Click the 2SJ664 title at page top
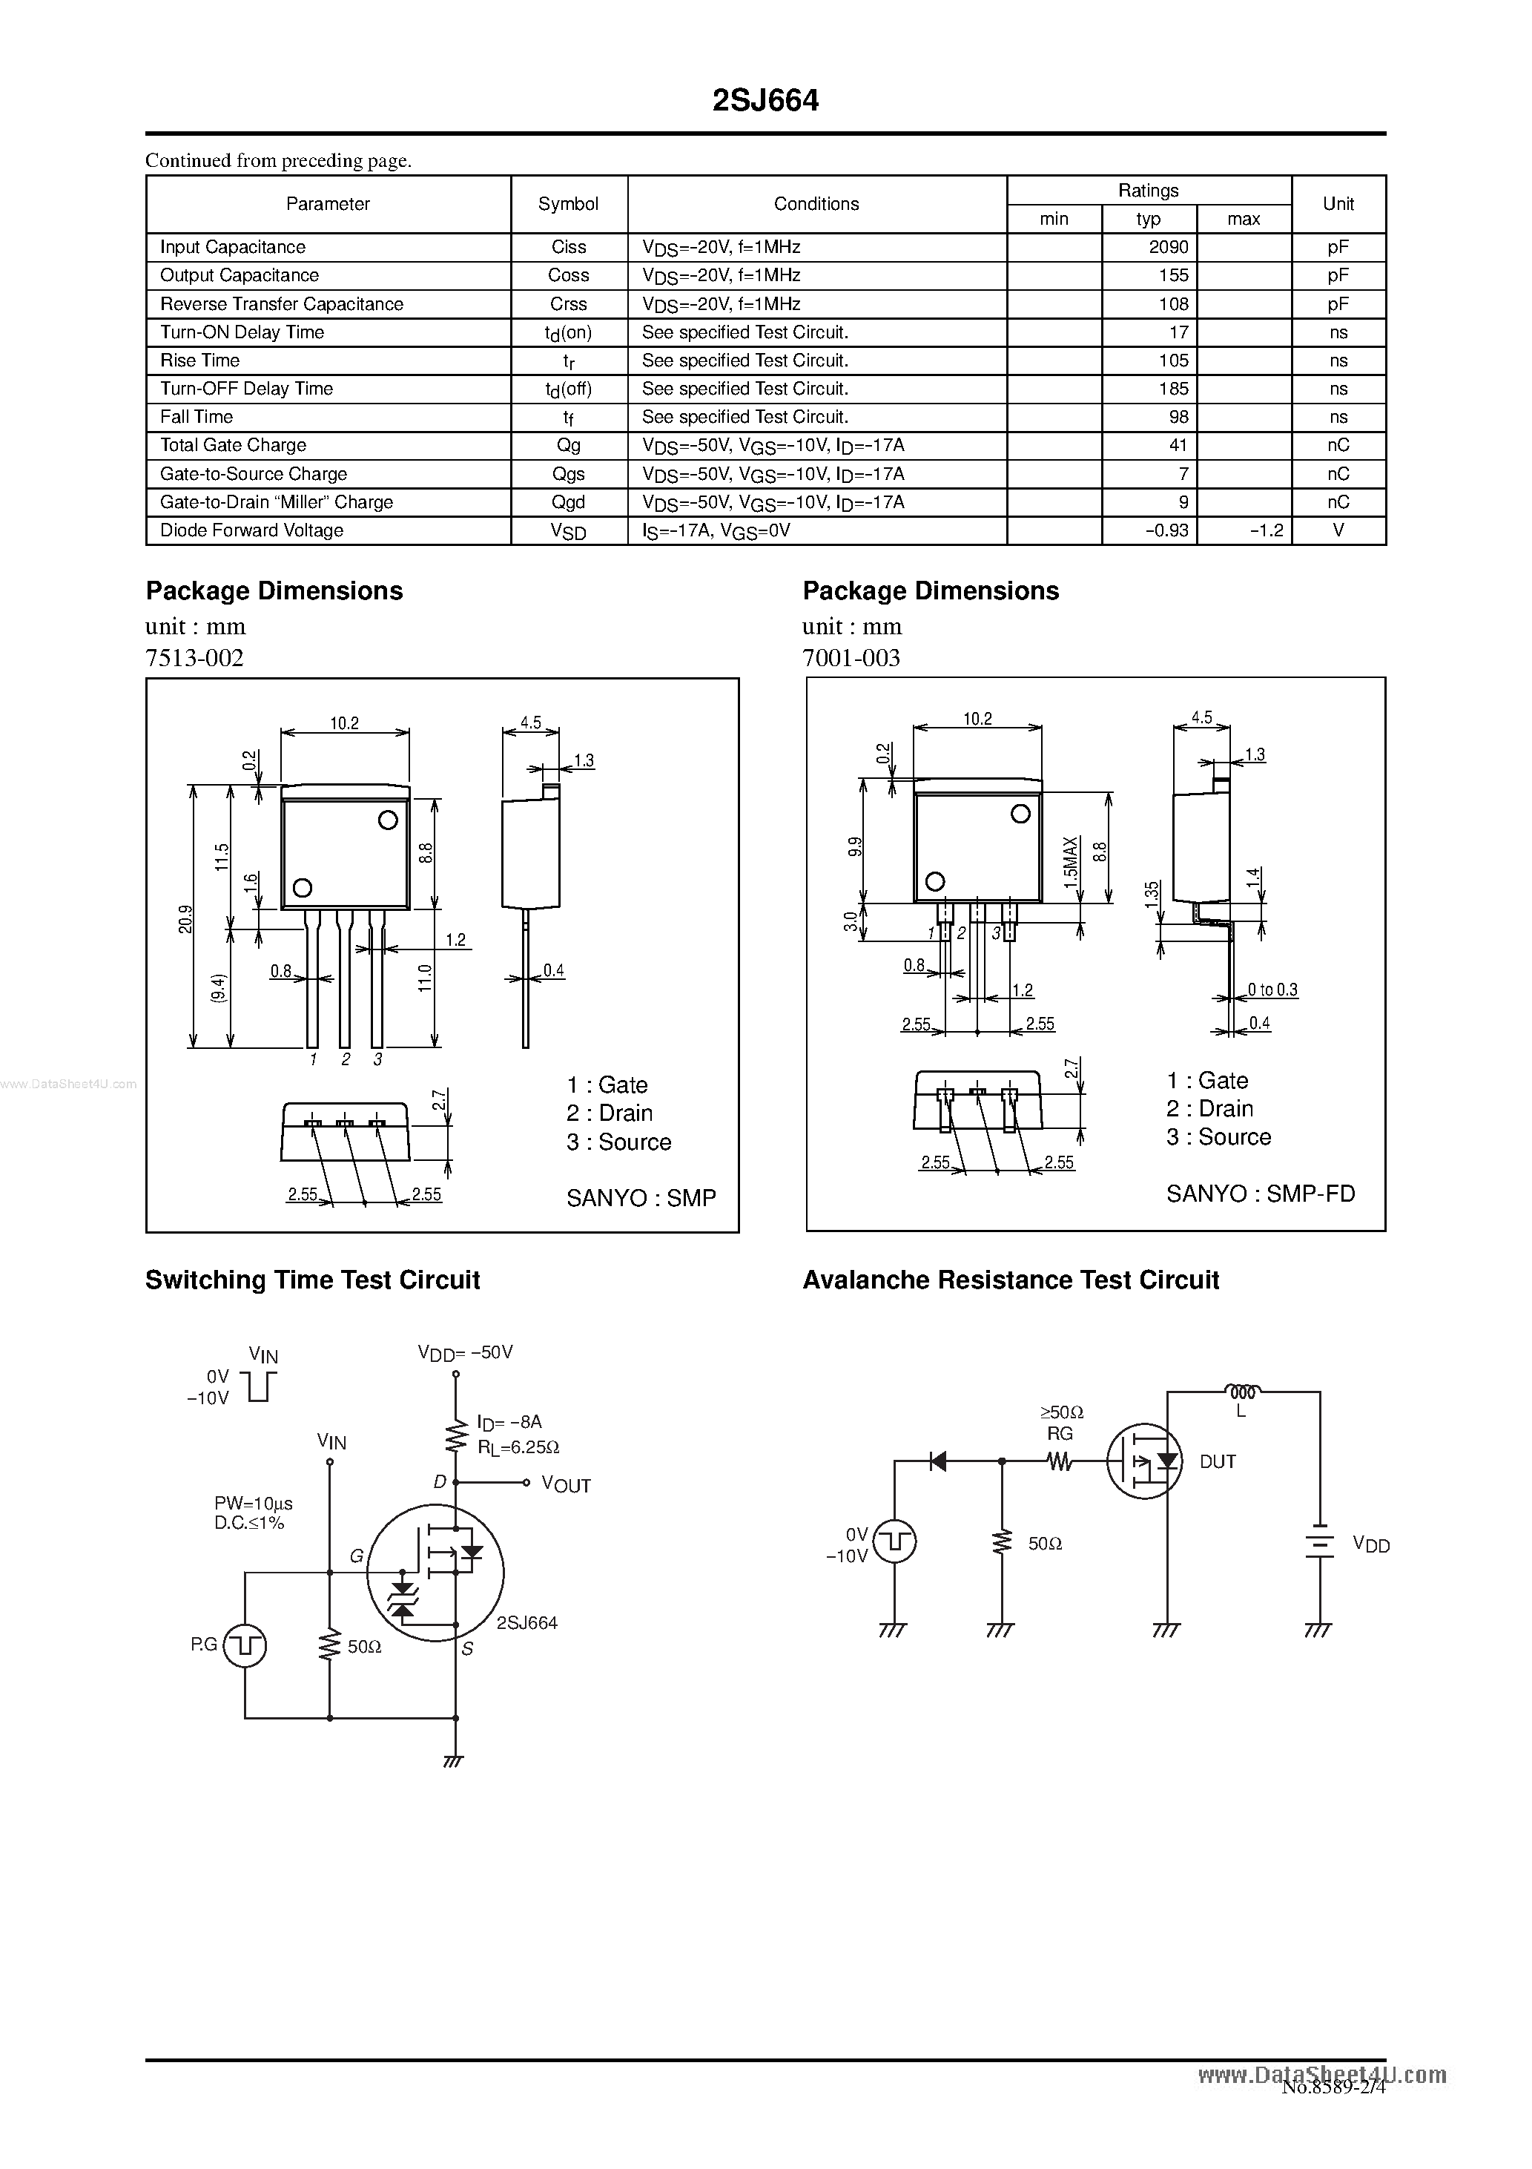pos(765,101)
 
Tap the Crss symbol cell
pos(569,304)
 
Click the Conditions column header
pos(816,204)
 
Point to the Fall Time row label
pos(197,418)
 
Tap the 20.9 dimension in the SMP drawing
pos(185,919)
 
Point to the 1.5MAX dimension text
pos(1070,860)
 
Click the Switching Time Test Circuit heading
pos(313,1280)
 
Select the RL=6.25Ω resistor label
pos(518,1447)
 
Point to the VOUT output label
pos(566,1485)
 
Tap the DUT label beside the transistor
pos(1217,1462)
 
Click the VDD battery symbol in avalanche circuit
pos(1318,1544)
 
